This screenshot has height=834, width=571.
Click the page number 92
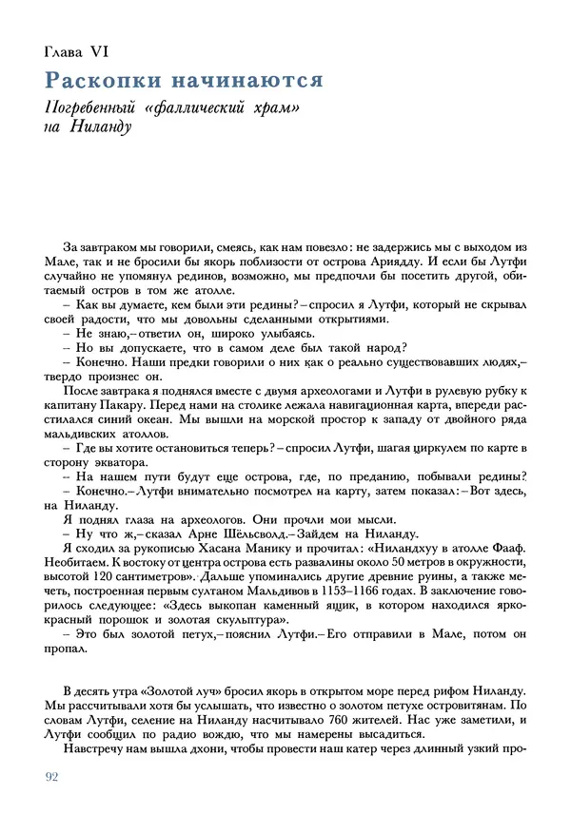pyautogui.click(x=52, y=778)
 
